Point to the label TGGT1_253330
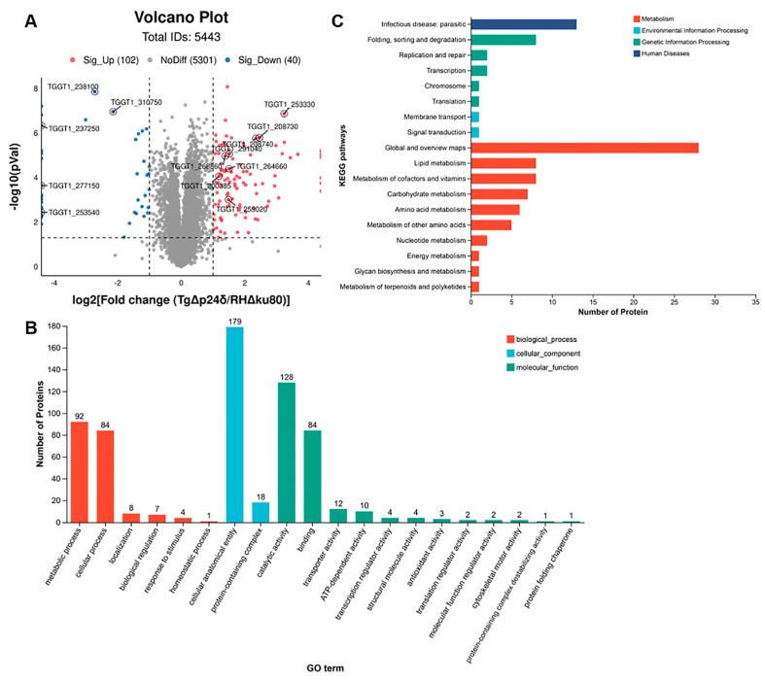(289, 104)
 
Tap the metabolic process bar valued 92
(79, 471)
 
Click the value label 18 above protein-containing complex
(261, 496)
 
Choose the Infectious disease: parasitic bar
(523, 24)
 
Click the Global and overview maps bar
(584, 148)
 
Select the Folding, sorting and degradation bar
(504, 40)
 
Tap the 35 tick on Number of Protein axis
(754, 300)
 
